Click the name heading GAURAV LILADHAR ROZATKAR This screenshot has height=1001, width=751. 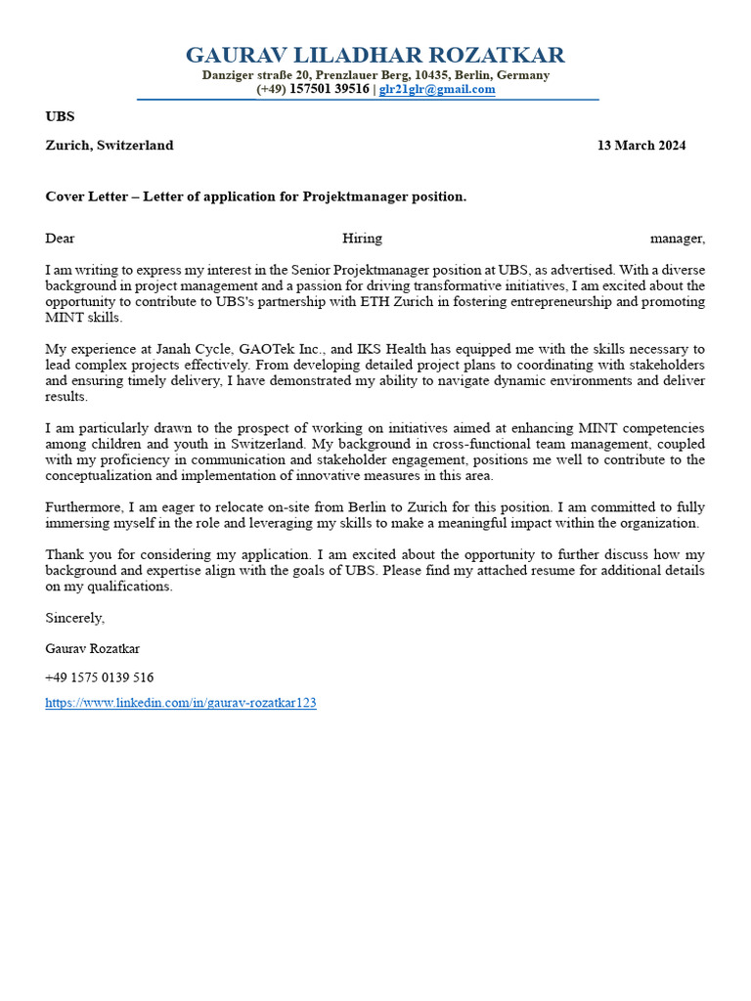tap(375, 55)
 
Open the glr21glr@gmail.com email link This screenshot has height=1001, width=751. tap(437, 89)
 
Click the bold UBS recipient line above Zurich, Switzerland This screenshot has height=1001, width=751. tap(60, 116)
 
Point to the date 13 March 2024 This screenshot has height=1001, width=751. tap(641, 146)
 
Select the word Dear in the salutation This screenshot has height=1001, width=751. tap(60, 239)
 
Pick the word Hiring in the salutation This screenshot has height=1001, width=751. tap(362, 239)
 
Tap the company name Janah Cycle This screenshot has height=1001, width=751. tap(194, 350)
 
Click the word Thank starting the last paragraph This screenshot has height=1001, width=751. tap(64, 555)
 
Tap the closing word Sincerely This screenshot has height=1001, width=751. tap(74, 618)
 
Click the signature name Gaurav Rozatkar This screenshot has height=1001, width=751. tap(92, 648)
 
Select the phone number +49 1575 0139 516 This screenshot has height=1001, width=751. tap(99, 677)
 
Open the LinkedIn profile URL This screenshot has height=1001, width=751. tap(181, 703)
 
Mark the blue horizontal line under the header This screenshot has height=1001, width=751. tap(368, 100)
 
